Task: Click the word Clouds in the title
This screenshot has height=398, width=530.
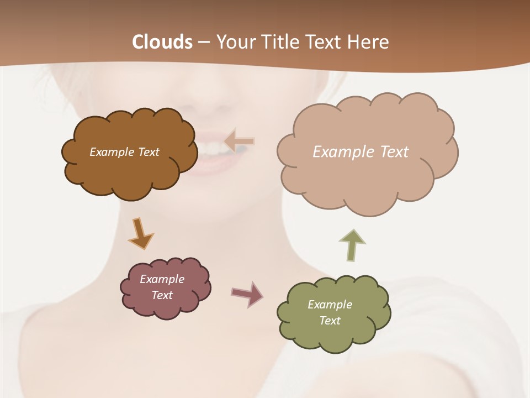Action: pos(162,42)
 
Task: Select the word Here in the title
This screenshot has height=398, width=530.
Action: pos(370,42)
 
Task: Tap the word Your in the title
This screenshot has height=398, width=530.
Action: pos(236,42)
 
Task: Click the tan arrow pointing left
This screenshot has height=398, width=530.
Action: pos(239,141)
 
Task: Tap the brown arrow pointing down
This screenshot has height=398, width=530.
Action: pos(140,233)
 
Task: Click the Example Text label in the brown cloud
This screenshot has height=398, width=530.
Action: pos(124,152)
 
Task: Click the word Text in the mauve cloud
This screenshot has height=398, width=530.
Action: pos(162,295)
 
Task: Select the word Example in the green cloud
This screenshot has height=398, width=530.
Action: pos(330,305)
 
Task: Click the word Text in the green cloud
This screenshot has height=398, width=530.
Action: pos(330,321)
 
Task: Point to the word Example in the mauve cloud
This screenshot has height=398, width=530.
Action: pos(162,279)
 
